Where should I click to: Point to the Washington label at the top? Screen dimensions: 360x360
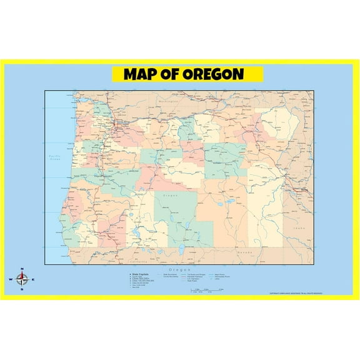tap(168, 101)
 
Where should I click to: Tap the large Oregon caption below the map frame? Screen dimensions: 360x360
tap(179, 269)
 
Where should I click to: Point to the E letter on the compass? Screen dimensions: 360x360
tap(33, 279)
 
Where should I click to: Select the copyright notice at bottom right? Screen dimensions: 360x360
tap(295, 293)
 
